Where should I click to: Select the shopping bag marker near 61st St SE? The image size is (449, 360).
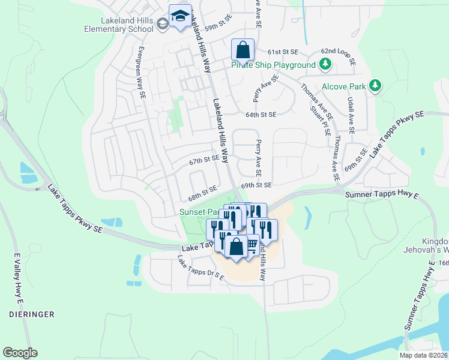(x=243, y=50)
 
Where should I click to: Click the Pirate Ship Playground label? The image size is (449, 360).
(x=274, y=65)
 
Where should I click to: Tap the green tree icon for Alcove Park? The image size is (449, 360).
(x=375, y=86)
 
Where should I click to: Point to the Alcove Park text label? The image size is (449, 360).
(x=343, y=86)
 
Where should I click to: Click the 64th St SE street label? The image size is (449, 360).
(x=261, y=114)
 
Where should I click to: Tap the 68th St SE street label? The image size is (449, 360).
(x=202, y=193)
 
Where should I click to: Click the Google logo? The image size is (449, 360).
(x=20, y=352)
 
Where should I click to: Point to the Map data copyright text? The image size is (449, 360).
(x=423, y=355)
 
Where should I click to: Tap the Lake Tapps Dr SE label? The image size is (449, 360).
(x=200, y=268)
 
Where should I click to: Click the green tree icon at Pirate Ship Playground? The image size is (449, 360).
(x=325, y=64)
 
